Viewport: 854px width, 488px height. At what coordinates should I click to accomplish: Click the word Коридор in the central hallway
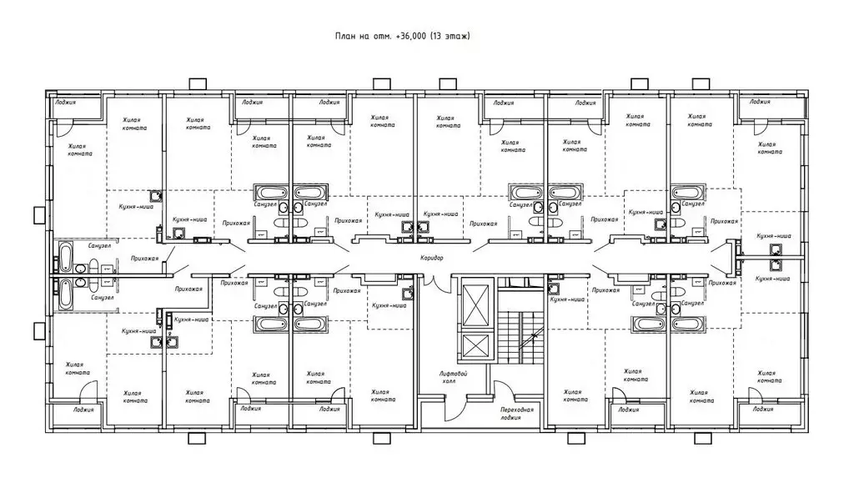(x=431, y=258)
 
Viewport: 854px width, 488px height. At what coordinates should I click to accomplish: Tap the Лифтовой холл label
(x=453, y=377)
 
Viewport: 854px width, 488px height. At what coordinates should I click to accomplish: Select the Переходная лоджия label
(x=517, y=414)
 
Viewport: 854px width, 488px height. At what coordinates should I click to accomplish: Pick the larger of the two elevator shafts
(x=475, y=304)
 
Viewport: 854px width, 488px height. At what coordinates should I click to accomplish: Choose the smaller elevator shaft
(x=475, y=347)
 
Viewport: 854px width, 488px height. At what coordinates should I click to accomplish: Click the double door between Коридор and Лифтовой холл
(x=434, y=283)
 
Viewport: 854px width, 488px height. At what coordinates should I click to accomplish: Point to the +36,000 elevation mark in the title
(x=412, y=36)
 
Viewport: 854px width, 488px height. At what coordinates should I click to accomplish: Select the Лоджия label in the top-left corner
(x=65, y=102)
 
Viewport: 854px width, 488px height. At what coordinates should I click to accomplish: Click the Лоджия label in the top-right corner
(x=760, y=101)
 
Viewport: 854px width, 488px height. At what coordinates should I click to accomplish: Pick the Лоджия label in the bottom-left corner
(x=83, y=410)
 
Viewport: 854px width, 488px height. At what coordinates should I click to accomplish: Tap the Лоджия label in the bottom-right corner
(x=763, y=409)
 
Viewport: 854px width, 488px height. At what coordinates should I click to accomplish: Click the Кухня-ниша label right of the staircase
(x=567, y=299)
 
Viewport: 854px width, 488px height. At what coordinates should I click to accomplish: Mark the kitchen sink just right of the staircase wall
(x=554, y=288)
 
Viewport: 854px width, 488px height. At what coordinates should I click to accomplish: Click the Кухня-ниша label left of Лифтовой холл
(x=389, y=305)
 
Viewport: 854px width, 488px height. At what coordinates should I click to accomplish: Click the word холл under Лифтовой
(x=449, y=381)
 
